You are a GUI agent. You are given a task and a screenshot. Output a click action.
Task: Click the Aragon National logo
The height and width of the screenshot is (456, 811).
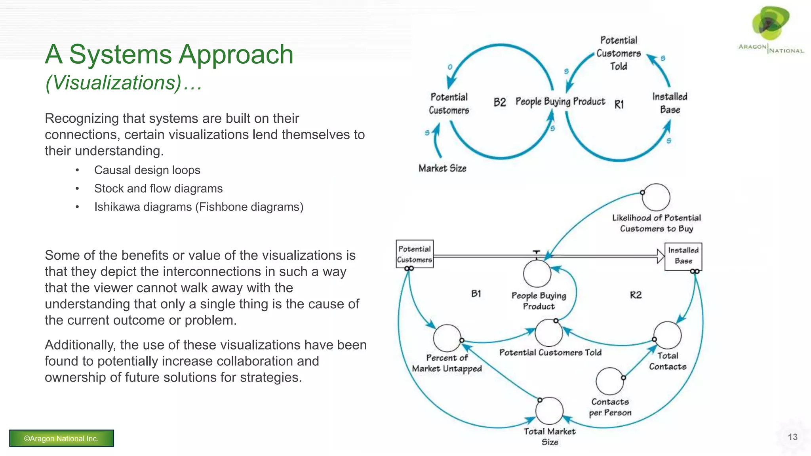pos(771,30)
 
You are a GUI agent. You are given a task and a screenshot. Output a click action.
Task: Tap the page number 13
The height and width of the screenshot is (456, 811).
pos(792,437)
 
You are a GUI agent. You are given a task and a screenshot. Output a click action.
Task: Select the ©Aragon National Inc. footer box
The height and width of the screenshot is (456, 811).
pos(61,438)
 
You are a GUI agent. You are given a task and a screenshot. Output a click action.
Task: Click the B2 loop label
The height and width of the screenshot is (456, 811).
pos(500,103)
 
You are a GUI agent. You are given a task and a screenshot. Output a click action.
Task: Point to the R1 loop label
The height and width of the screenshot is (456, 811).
pos(619,104)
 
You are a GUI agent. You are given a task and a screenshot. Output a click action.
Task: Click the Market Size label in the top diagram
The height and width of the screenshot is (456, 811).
pos(442,169)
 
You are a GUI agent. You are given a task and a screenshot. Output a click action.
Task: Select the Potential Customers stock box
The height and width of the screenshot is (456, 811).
pos(415,254)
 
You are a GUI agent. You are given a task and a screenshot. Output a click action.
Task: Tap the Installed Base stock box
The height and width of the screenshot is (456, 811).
pos(683,256)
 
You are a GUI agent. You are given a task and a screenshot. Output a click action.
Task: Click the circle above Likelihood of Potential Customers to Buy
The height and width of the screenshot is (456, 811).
pos(656,197)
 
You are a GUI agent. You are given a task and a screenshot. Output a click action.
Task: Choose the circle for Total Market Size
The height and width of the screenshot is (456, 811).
pos(549,411)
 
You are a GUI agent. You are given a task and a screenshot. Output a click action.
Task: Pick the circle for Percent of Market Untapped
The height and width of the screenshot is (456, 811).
pos(447,338)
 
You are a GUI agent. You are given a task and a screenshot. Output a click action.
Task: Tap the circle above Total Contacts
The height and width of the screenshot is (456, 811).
pos(667,335)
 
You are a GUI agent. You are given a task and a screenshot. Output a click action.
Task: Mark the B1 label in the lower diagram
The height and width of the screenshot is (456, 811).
pos(476,294)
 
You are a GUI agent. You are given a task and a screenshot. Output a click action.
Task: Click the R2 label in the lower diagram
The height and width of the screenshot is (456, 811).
pos(636,295)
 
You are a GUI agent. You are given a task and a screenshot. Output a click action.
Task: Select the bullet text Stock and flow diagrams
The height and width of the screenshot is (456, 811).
pos(158,188)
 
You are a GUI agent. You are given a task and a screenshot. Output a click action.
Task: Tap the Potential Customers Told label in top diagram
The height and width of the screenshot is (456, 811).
pos(619,53)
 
